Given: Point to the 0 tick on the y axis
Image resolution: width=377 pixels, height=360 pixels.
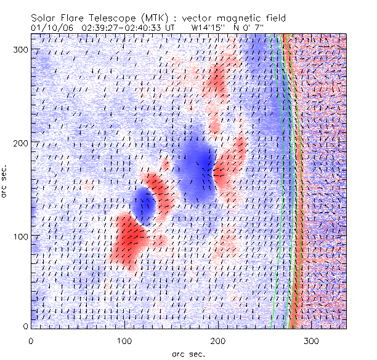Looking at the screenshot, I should point(25,326).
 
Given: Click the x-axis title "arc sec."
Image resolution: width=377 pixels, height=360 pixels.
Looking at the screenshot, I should point(188,353).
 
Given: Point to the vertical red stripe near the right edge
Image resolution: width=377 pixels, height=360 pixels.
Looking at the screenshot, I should point(295,185).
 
